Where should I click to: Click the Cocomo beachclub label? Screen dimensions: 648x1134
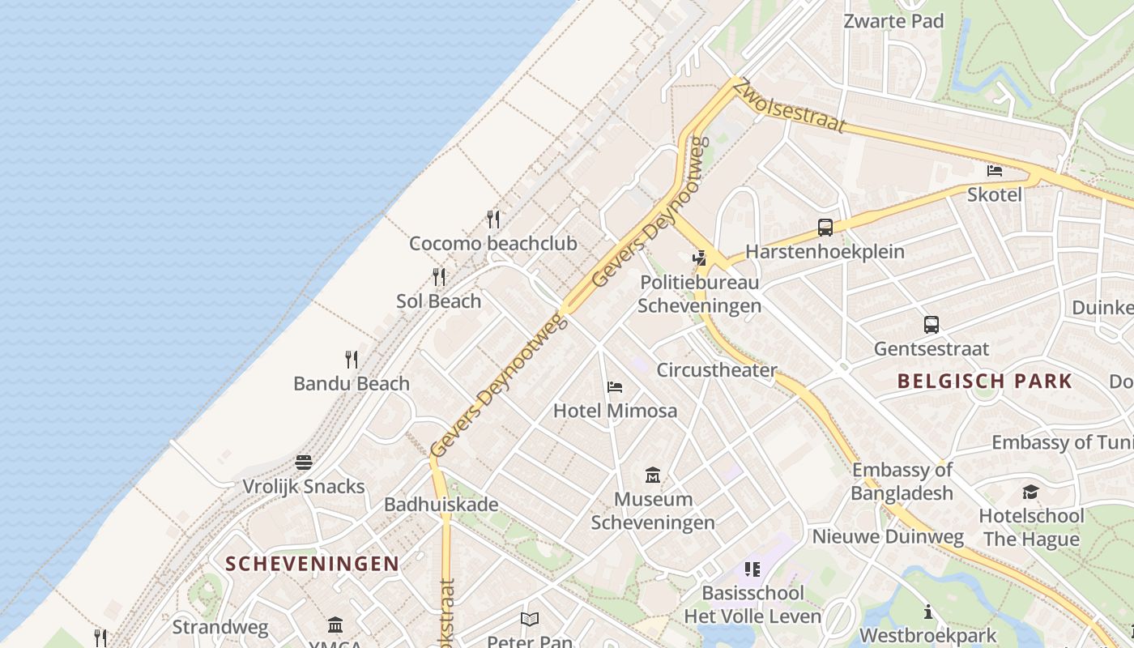tap(492, 243)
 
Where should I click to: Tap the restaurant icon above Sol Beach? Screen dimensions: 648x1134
tap(439, 277)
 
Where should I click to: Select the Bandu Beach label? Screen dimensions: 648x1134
tap(352, 383)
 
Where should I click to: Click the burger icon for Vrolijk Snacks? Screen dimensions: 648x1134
tap(304, 463)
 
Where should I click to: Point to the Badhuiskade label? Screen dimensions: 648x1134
tap(441, 505)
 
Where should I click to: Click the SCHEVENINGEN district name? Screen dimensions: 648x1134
tap(312, 564)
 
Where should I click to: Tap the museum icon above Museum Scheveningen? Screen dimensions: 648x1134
tap(653, 475)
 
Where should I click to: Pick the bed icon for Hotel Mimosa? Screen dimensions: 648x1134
tap(615, 387)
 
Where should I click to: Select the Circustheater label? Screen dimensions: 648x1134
tap(717, 370)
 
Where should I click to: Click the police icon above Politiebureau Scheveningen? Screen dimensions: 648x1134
tap(699, 258)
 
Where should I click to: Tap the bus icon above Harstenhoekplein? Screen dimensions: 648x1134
tap(825, 228)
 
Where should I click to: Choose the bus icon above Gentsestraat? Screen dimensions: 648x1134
tap(932, 325)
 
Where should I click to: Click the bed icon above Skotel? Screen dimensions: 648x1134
tap(995, 171)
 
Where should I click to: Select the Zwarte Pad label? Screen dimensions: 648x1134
tap(893, 21)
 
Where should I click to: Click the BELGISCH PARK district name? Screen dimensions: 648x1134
tap(984, 381)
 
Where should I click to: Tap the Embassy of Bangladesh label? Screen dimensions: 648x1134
tap(902, 481)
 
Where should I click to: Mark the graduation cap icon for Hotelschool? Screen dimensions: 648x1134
tap(1030, 492)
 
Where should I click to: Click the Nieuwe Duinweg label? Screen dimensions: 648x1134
tap(888, 536)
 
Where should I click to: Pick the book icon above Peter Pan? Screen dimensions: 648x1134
tap(530, 620)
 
